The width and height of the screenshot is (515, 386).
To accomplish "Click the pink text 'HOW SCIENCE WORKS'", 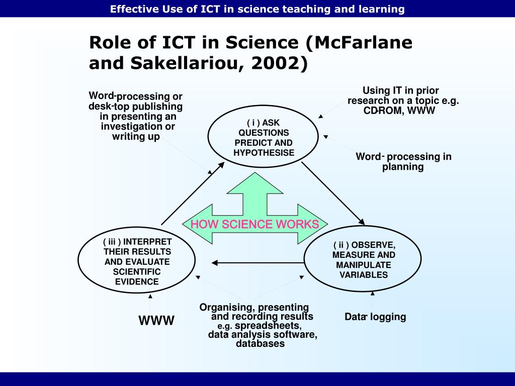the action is coord(255,224).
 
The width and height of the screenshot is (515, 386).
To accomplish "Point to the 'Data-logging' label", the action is coord(375,317).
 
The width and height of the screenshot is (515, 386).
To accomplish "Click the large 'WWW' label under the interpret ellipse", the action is coord(156,321).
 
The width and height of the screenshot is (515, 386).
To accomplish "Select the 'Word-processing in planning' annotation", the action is coord(403,161).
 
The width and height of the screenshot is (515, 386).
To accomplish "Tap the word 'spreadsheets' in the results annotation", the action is coord(268,326).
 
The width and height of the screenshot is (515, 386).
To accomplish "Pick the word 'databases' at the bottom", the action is coord(260,344).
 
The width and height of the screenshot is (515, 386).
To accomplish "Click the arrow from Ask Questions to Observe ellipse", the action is coord(333,194).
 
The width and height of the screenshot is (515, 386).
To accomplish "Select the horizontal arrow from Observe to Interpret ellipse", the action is coord(258,262).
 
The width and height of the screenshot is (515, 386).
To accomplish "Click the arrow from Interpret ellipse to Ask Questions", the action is coord(193,194).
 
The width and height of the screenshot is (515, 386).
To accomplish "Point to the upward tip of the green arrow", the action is coord(255,173).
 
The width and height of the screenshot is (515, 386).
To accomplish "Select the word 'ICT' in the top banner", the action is coord(210,9).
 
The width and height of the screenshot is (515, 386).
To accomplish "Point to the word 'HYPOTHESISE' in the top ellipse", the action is coord(264,153).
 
